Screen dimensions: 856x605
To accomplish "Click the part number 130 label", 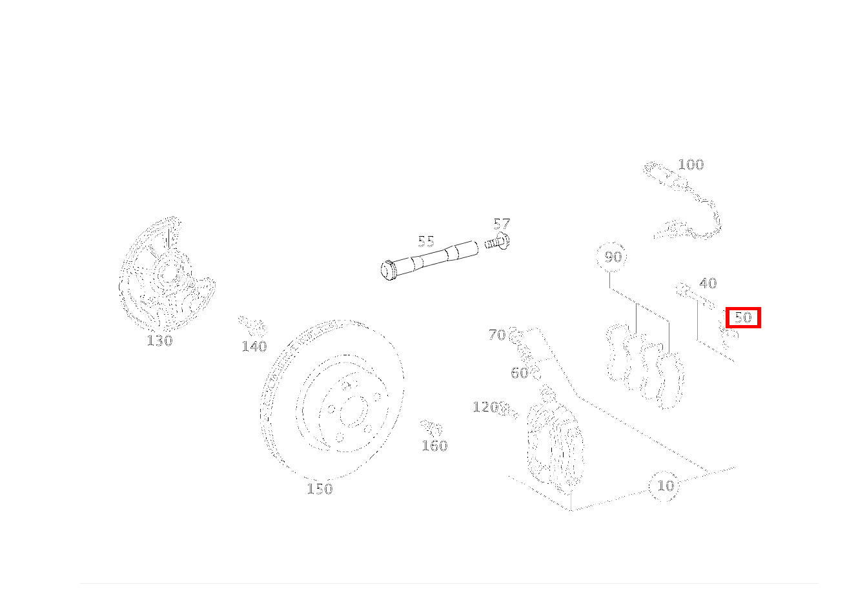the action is tap(159, 341).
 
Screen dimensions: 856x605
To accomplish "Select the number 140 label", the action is tap(254, 346).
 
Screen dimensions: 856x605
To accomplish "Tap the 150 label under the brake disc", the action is tap(320, 489).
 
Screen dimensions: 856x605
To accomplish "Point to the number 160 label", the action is tap(434, 446).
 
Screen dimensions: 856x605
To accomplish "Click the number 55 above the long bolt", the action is tap(426, 242).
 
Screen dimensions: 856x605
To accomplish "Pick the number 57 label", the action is tap(502, 224).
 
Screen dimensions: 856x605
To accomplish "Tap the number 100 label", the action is tap(691, 165).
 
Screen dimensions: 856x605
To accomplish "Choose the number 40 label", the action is tap(708, 283).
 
